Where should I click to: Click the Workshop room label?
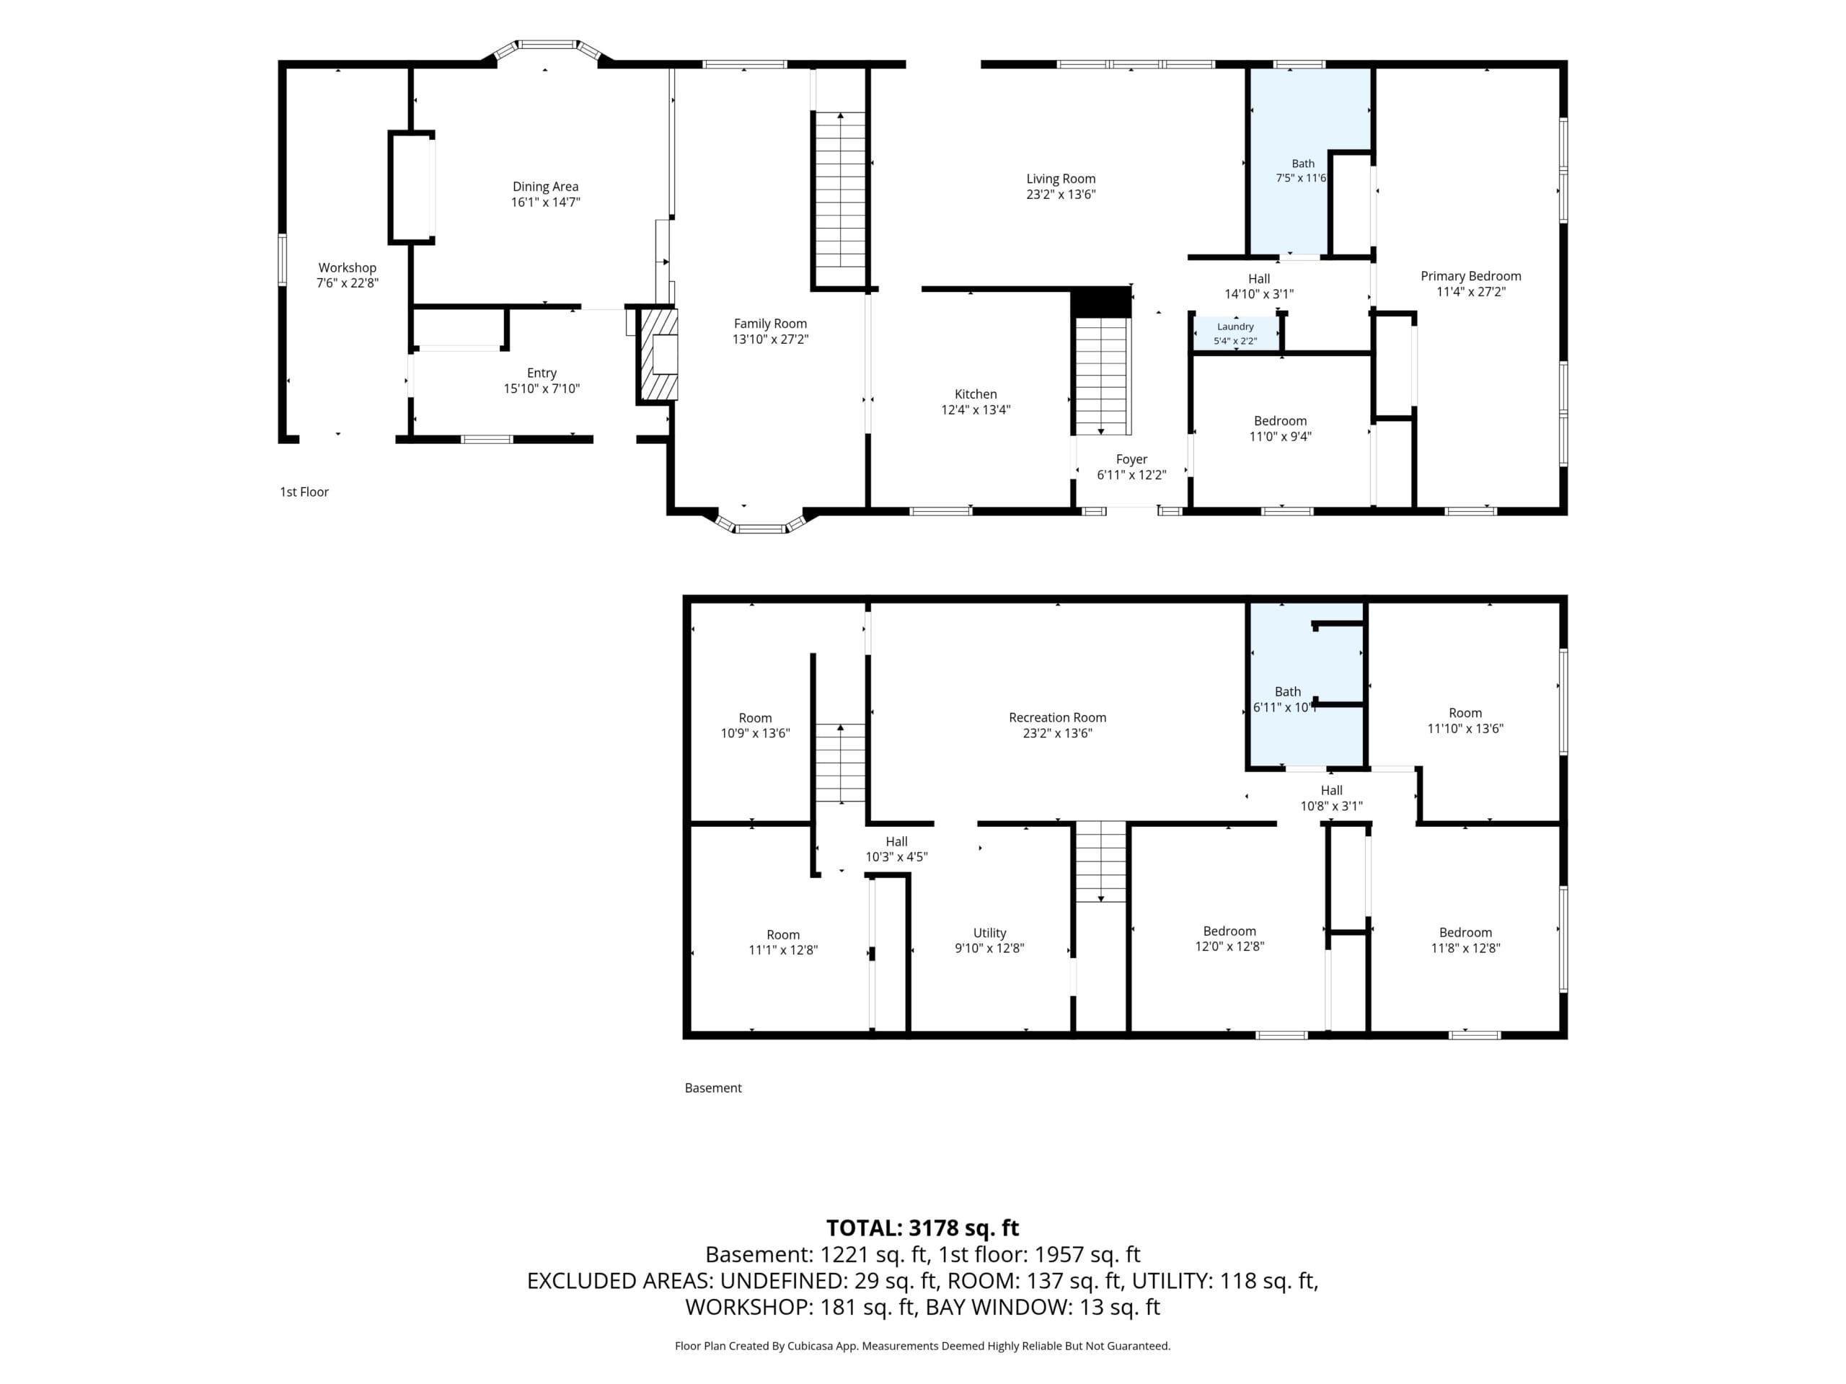(x=347, y=268)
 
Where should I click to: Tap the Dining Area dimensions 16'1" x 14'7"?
(x=546, y=202)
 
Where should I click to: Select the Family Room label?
(x=770, y=324)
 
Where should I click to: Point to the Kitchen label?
(x=976, y=394)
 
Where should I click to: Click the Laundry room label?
(x=1235, y=327)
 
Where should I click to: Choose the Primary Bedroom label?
(x=1470, y=276)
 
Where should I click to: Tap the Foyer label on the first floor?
(x=1131, y=460)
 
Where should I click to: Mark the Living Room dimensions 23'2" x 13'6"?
(x=1061, y=195)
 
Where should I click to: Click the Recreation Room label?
(x=1057, y=717)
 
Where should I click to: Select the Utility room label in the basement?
(x=990, y=933)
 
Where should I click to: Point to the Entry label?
(x=542, y=373)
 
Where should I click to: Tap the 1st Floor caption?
(x=304, y=492)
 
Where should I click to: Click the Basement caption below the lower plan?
(x=712, y=1088)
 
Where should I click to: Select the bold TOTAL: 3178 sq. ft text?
(x=922, y=1228)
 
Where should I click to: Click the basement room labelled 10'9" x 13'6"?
(x=755, y=726)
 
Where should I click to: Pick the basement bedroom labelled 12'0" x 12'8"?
(x=1229, y=939)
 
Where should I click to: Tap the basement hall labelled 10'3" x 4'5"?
(x=896, y=849)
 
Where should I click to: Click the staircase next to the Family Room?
(x=840, y=201)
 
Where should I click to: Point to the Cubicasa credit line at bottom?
(x=922, y=1346)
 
